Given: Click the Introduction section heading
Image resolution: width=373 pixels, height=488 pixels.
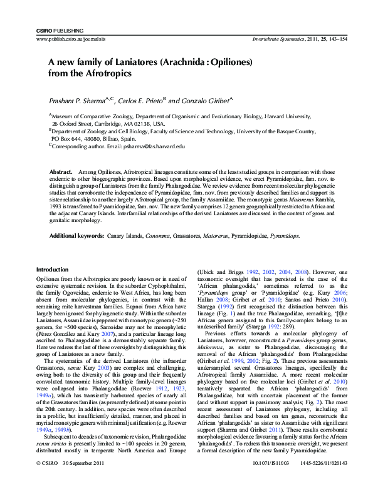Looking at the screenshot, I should click(x=52, y=270).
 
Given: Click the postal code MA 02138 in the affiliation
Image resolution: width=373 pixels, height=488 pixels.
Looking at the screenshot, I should click(x=137, y=124).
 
